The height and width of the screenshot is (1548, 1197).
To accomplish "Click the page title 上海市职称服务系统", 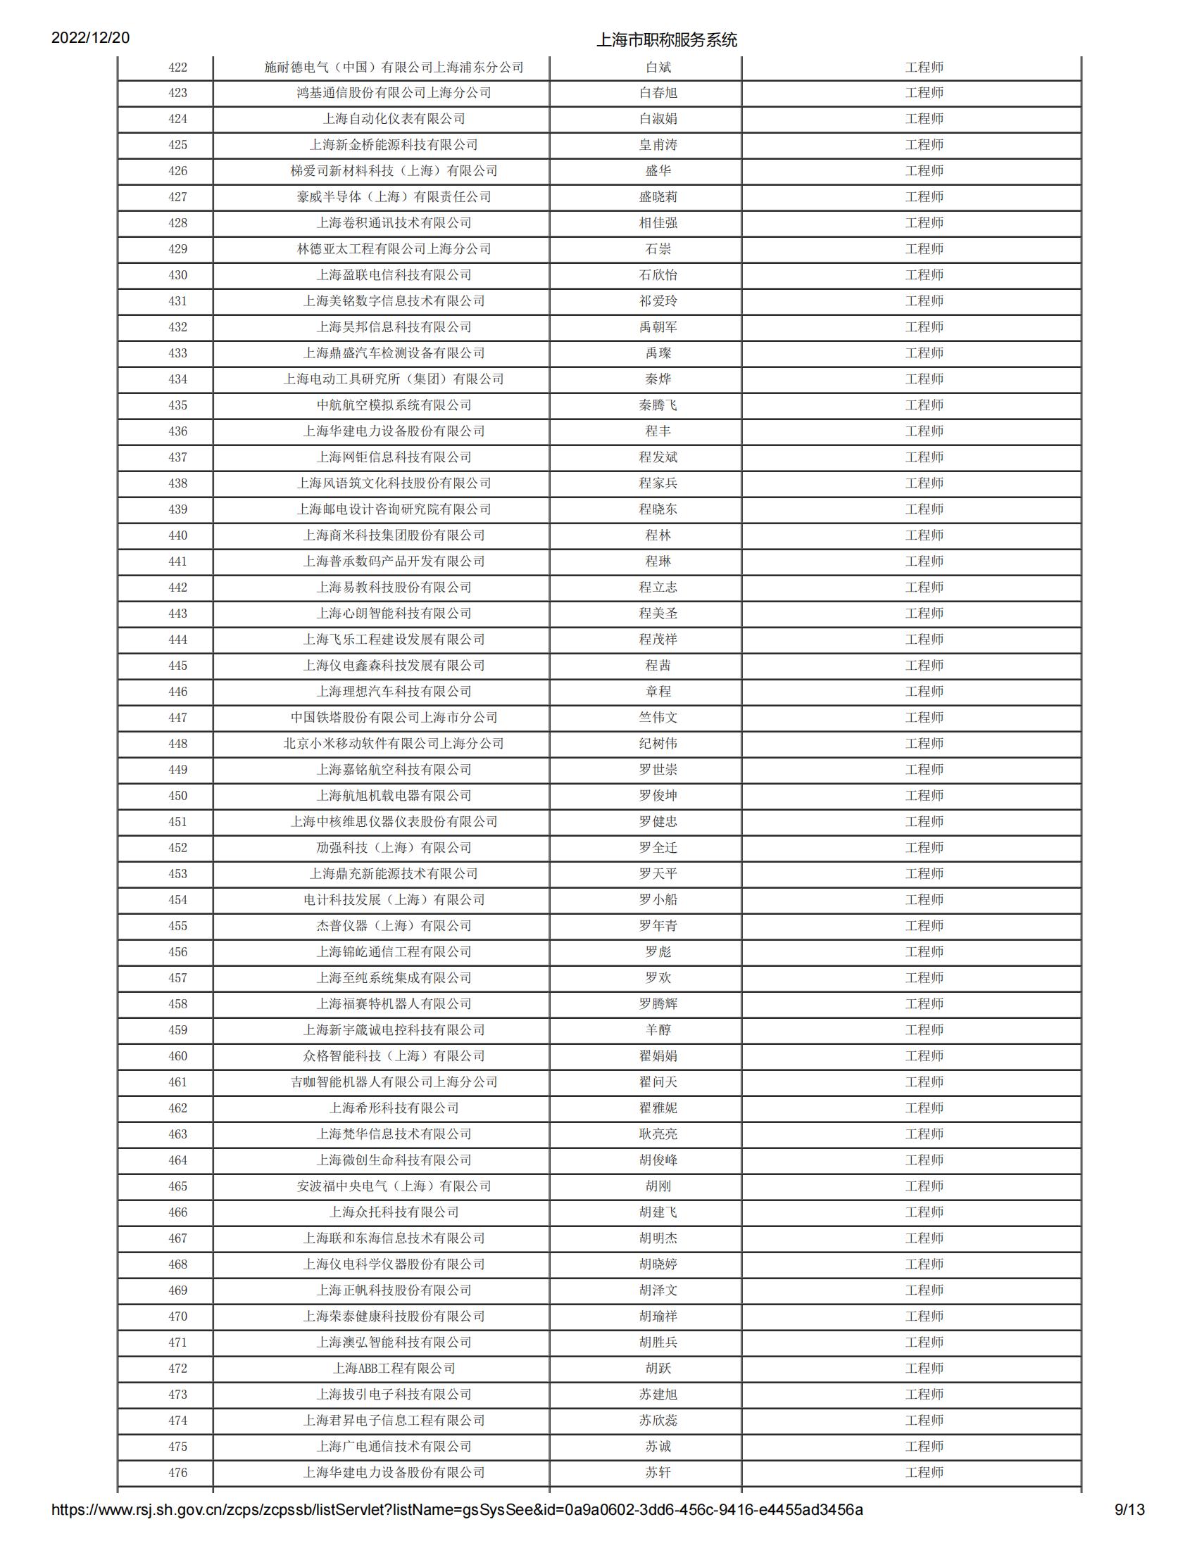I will (666, 39).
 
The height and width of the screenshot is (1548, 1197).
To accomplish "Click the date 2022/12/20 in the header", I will (90, 37).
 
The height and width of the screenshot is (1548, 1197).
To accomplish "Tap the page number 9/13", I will (1129, 1530).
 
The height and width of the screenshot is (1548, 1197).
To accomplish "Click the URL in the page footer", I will (457, 1530).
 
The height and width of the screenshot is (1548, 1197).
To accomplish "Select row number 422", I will (177, 68).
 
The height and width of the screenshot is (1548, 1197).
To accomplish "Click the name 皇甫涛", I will (658, 144).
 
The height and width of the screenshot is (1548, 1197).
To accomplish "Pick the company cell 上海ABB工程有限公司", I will (394, 1369).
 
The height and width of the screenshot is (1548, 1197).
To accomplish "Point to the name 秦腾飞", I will (658, 405).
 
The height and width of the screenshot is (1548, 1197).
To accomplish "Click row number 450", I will (177, 796).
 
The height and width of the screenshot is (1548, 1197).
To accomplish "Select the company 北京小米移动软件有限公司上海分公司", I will (394, 744).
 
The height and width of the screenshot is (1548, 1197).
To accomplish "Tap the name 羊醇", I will (658, 1030).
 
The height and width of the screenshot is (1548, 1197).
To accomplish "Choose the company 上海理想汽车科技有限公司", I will (394, 692).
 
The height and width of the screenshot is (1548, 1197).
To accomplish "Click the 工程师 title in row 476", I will (924, 1473).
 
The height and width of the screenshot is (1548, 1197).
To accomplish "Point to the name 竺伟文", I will (658, 717).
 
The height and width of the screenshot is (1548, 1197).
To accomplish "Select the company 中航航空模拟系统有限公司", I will (394, 405).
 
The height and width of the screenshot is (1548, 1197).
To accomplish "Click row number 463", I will (177, 1134).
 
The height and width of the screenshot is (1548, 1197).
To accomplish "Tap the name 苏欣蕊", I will (658, 1421).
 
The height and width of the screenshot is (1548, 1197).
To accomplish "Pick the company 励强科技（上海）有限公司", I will (394, 848).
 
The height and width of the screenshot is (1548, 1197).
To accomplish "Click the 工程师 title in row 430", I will (924, 275).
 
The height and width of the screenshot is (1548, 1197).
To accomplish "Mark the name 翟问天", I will (658, 1082).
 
